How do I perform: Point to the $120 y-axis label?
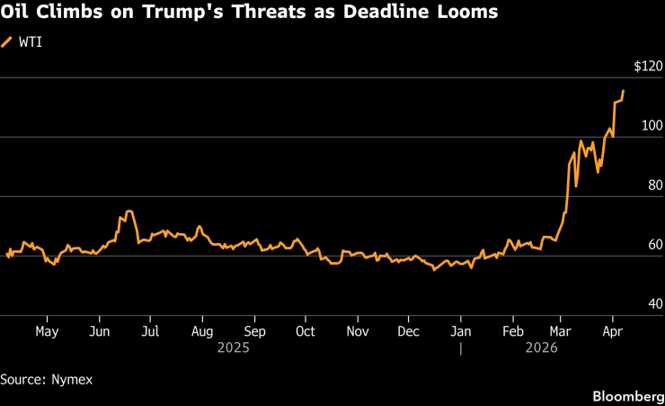(x=647, y=66)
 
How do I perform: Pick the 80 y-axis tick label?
(x=654, y=185)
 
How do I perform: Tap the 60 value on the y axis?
(x=654, y=244)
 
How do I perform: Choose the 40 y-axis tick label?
(x=654, y=303)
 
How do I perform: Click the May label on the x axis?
(x=47, y=330)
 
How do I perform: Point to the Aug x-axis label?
(x=202, y=330)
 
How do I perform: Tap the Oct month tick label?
(x=306, y=330)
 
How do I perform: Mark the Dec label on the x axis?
(x=409, y=330)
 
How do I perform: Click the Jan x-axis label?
(x=461, y=330)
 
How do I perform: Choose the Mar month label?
(x=561, y=330)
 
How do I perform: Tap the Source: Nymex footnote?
(x=47, y=379)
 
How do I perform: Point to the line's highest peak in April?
(x=624, y=91)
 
